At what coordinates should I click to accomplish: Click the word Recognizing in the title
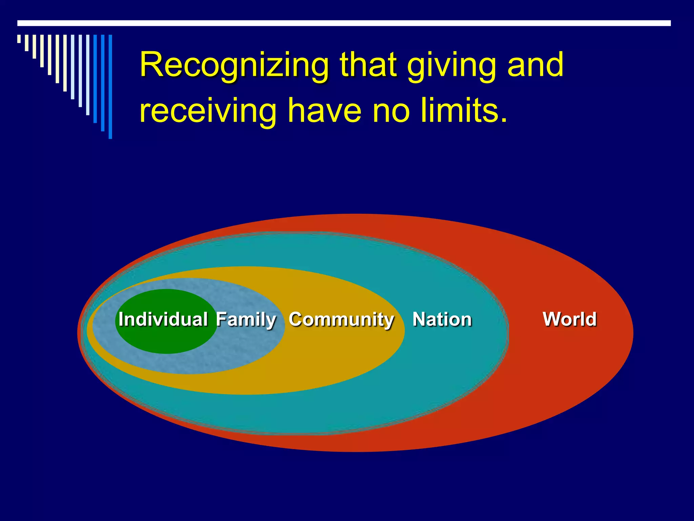pyautogui.click(x=234, y=66)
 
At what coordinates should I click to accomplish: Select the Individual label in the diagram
pyautogui.click(x=163, y=320)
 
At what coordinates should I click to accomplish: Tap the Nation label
pyautogui.click(x=442, y=320)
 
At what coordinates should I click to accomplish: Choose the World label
pyautogui.click(x=570, y=320)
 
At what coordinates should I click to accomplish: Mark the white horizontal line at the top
pyautogui.click(x=344, y=23)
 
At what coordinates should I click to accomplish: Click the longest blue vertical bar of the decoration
pyautogui.click(x=110, y=86)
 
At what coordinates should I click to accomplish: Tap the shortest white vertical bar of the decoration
pyautogui.click(x=19, y=39)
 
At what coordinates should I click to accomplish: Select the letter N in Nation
pyautogui.click(x=420, y=320)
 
